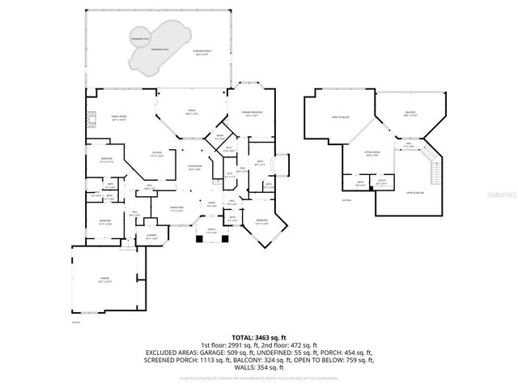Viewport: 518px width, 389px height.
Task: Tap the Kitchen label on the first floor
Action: [159, 153]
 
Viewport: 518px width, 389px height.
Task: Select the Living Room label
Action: [194, 168]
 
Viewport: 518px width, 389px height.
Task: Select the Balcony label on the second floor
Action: [410, 113]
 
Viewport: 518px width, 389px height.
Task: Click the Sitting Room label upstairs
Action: [372, 152]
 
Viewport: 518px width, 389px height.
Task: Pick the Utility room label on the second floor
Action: [380, 184]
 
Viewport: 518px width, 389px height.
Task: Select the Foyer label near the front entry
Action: [212, 204]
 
